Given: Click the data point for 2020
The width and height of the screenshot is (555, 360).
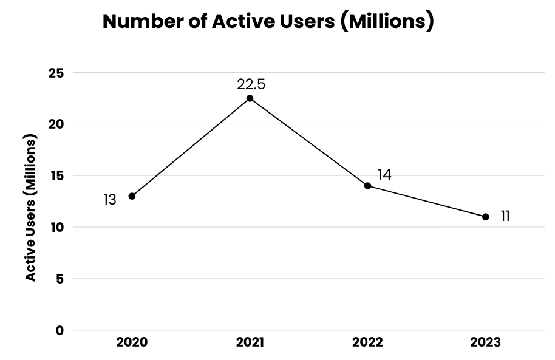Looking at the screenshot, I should point(132,196).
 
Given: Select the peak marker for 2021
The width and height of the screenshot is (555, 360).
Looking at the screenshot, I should point(250,98).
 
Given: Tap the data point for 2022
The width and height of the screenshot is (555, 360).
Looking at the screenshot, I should point(368,186).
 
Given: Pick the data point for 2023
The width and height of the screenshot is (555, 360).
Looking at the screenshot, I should point(486,217).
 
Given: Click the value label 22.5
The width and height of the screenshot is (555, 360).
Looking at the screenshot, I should point(251,84).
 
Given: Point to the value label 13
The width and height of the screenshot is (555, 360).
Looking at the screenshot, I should point(109,200).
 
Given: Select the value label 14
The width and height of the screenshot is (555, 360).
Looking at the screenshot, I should point(384,175).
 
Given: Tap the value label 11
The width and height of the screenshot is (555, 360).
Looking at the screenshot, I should point(505,216).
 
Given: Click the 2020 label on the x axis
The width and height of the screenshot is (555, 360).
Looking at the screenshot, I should point(132,342).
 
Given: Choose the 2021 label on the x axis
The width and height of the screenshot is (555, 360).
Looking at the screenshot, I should point(250,342).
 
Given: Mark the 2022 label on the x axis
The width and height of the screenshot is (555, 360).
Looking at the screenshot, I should point(368,342).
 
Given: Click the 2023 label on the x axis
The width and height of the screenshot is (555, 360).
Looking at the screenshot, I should point(486,342).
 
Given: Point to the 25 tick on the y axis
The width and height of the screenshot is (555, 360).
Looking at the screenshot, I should point(56,73).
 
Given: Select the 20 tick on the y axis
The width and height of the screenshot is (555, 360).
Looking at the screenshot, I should point(56,124).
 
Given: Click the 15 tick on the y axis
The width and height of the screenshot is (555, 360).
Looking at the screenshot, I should point(56,176).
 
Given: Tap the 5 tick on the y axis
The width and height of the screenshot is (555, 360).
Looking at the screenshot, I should point(60,279).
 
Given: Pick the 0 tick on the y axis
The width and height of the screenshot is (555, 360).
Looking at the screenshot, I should point(60,331).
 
